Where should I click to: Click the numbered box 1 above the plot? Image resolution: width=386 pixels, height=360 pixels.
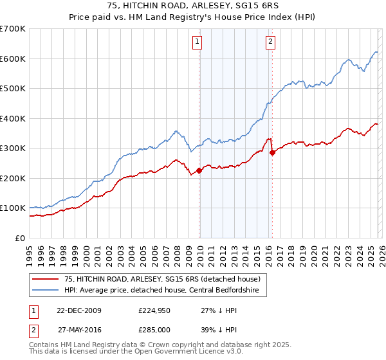pyautogui.click(x=197, y=42)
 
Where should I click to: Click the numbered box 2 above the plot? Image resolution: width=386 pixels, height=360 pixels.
pyautogui.click(x=270, y=42)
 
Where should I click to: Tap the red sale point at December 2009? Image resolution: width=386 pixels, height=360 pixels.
pyautogui.click(x=199, y=170)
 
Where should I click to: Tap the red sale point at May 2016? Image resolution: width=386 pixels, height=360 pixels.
pyautogui.click(x=272, y=152)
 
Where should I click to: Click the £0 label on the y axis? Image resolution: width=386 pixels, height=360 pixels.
pyautogui.click(x=19, y=238)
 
